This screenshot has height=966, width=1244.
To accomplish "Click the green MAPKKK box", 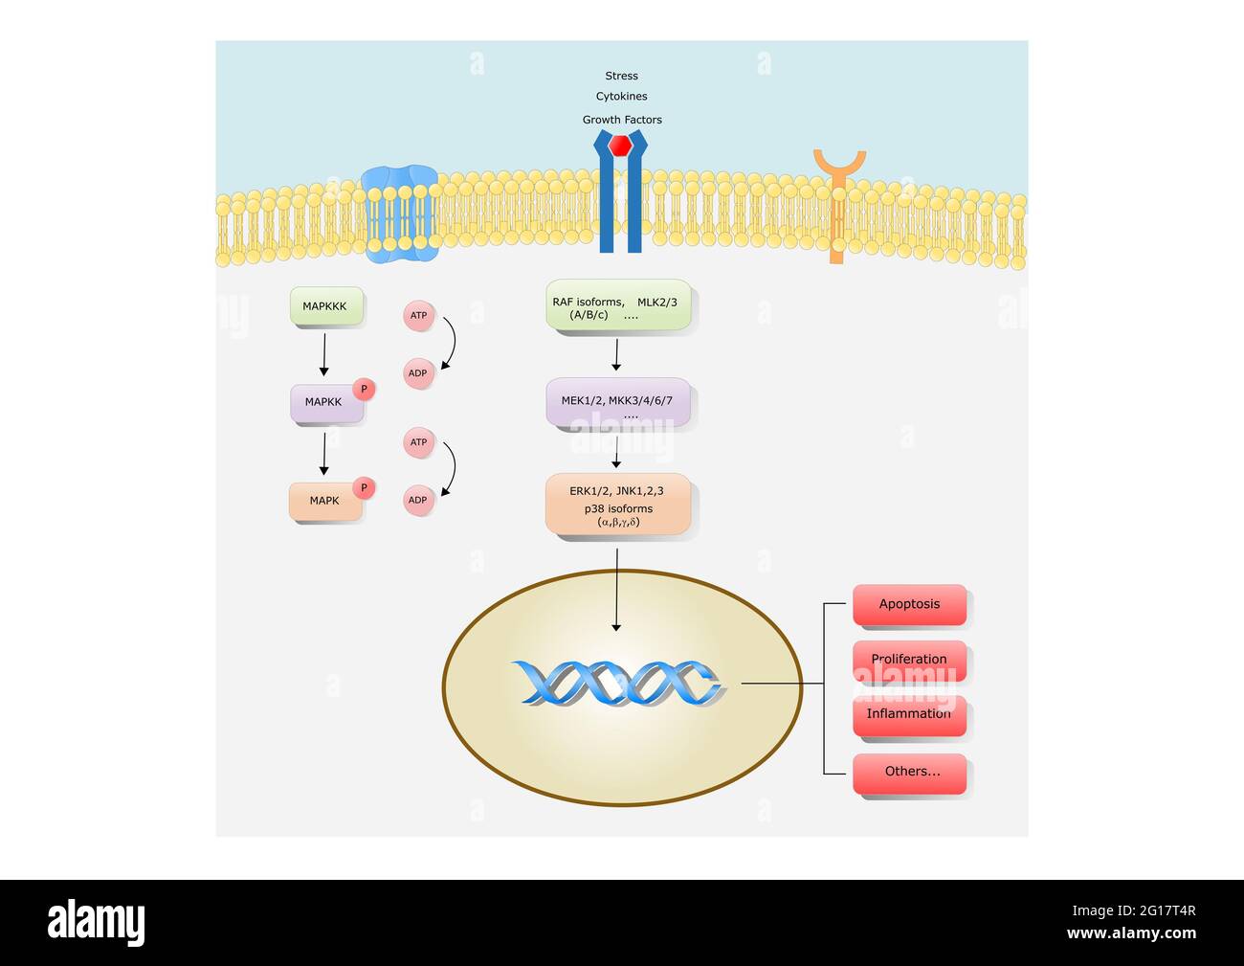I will (x=325, y=306).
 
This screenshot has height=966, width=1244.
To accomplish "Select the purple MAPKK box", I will (x=325, y=403).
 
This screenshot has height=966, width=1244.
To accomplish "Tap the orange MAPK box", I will (x=325, y=501).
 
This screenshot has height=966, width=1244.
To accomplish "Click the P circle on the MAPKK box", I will (x=364, y=389).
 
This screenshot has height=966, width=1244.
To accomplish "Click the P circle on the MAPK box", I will (x=364, y=487).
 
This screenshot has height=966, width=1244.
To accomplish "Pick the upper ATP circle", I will (x=418, y=315).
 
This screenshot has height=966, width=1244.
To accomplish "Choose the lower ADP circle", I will (x=418, y=500).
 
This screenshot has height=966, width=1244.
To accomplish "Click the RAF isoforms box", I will (x=618, y=306).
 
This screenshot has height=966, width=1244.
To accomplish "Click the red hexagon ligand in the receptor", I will (x=621, y=146).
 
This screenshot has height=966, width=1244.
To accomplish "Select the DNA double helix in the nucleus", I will (x=617, y=684).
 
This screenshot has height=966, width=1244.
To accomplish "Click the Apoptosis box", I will (x=909, y=604).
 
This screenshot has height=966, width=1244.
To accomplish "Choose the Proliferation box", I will (x=909, y=660).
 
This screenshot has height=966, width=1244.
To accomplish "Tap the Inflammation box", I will (x=909, y=714).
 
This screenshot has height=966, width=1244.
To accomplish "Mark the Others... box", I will (x=909, y=773).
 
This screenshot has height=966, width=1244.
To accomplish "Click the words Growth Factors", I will (x=622, y=120).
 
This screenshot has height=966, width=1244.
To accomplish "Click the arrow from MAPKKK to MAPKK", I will (x=323, y=354).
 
